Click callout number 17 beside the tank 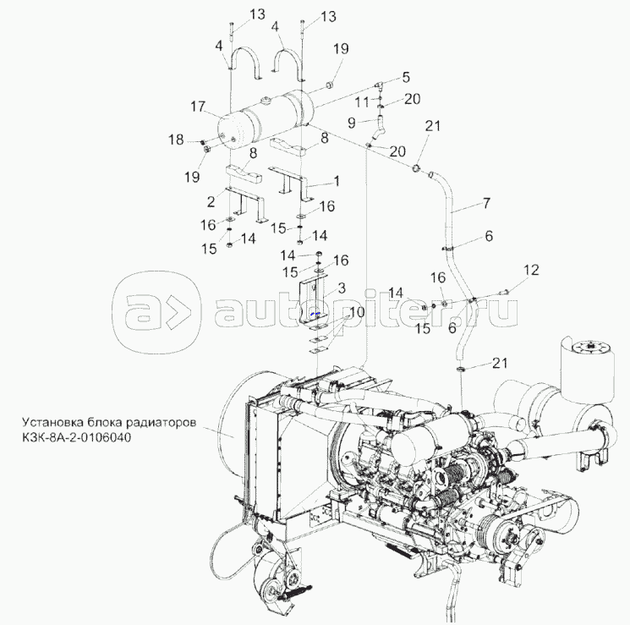click(198, 107)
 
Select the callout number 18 click(177, 140)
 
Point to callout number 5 click(405, 77)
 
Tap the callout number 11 click(362, 102)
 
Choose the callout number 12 click(530, 270)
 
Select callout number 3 click(341, 288)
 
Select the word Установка click(52, 420)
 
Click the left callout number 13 click(233, 15)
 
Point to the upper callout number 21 click(433, 126)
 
